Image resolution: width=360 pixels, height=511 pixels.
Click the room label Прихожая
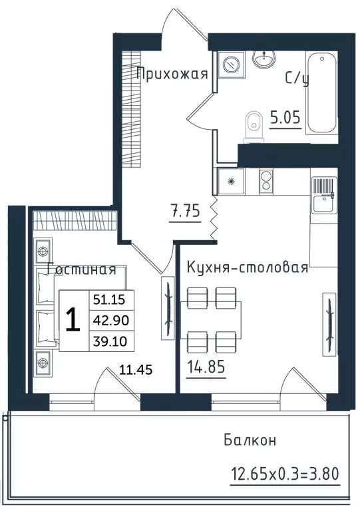click(172, 73)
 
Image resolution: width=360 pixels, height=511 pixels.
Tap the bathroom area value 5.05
click(285, 117)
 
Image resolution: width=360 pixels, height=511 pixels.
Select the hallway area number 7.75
click(185, 211)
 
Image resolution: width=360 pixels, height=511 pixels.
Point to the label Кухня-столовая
click(248, 267)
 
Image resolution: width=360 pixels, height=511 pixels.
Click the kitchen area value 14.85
click(206, 367)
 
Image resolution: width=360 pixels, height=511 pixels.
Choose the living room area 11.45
click(136, 370)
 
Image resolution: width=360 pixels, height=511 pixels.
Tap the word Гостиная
click(82, 269)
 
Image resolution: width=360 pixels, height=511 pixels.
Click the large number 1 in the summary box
click(73, 320)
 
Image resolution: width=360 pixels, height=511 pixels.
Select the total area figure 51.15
click(109, 299)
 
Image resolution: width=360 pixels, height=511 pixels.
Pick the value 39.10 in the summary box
click(110, 341)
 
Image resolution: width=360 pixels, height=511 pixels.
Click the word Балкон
click(250, 440)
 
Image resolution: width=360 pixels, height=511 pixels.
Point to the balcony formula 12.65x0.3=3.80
click(285, 473)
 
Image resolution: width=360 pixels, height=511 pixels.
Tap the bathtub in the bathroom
click(321, 93)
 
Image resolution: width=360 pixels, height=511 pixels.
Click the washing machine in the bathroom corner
click(232, 65)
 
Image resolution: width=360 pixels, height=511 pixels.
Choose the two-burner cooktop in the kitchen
click(266, 182)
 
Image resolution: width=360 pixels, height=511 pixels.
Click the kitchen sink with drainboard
click(324, 195)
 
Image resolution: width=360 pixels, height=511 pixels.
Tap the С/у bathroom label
click(297, 79)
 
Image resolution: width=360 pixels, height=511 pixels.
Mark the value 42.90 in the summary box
click(110, 320)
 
